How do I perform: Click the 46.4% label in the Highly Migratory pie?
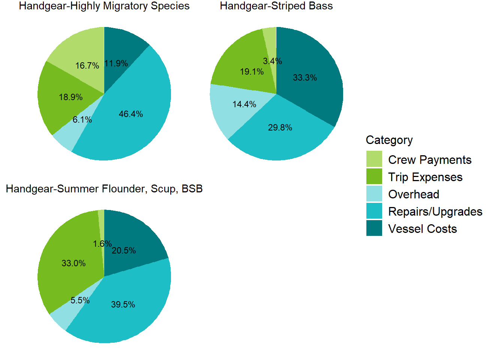coord(131,114)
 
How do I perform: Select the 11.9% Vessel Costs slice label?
coord(116,63)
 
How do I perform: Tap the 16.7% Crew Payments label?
coord(87,66)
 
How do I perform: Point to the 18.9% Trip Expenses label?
coord(70,97)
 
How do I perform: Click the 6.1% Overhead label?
coord(82,120)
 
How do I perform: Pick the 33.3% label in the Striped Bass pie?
coord(305,78)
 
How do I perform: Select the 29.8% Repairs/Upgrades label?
coord(280,127)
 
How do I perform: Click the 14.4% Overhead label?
coord(244,104)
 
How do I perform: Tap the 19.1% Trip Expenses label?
coord(252,72)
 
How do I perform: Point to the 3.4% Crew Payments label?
coord(273,61)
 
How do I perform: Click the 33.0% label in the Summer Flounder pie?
coord(73,263)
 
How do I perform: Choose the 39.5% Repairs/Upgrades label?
coord(123,304)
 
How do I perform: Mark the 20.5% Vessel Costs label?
coord(124,250)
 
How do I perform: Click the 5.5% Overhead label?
coord(80,300)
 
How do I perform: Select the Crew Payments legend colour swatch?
coord(374,159)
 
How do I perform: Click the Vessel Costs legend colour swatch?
coord(374,228)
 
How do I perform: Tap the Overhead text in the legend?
coord(414,194)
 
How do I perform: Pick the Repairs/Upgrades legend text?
coord(435,211)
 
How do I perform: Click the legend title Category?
coord(389,140)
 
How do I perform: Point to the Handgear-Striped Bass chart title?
coord(276,6)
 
